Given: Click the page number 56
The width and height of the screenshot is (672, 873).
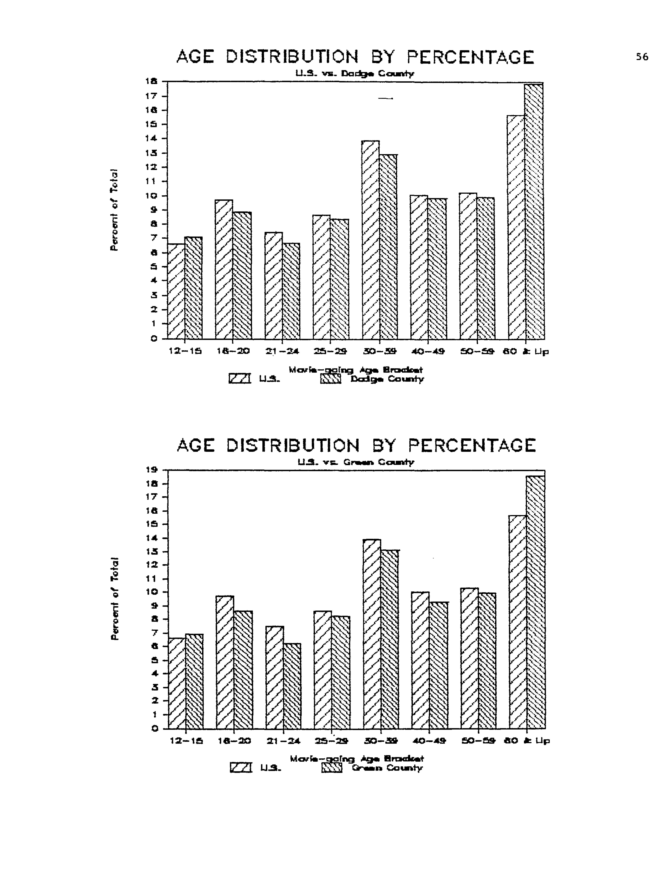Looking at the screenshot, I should coord(642,57).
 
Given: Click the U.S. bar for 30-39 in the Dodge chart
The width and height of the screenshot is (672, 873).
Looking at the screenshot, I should coord(371,240).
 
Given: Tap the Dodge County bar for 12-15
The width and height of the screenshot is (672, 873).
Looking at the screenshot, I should coord(193,288).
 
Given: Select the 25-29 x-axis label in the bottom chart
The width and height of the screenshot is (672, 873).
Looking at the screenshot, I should coord(331,741).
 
